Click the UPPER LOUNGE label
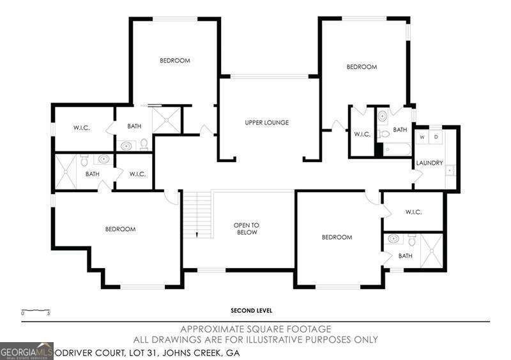click(267, 123)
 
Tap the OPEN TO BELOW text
click(246, 229)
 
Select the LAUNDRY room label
click(429, 163)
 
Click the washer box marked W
click(423, 137)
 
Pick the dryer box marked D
click(436, 137)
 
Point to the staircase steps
click(197, 214)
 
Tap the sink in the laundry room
click(450, 170)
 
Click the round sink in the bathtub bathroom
click(382, 116)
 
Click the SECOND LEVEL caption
click(252, 311)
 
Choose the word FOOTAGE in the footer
click(306, 329)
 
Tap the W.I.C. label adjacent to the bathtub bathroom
click(362, 133)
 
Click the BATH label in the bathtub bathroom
click(400, 130)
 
